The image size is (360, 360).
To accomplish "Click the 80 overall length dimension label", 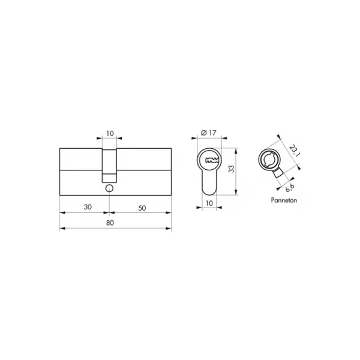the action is pos(110,223).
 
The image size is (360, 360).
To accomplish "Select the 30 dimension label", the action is pos(88,207).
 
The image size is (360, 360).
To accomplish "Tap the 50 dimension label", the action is pos(142,208).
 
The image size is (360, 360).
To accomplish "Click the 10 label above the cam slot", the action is pos(110,133).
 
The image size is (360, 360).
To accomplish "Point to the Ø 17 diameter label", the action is pos(208,133).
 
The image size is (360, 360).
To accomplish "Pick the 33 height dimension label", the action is pos(232,169).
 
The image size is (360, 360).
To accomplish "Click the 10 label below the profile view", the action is pos(209,203).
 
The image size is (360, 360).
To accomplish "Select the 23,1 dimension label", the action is pos(295,151).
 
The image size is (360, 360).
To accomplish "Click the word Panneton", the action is pos(284,200).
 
